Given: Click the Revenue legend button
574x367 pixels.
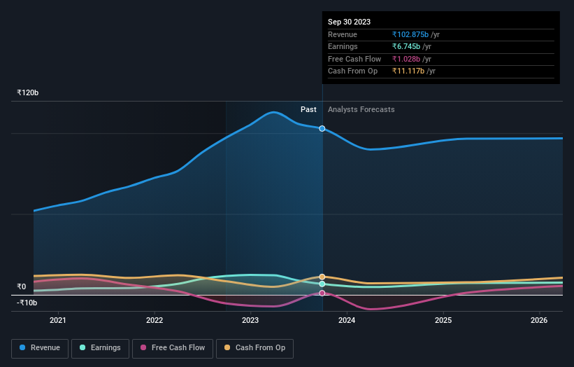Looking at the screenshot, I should coord(40,347).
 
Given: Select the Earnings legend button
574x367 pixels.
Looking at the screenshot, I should coord(100,347).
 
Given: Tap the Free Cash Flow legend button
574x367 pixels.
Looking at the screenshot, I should coord(172,347).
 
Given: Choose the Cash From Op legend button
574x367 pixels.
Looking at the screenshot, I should coord(255,347).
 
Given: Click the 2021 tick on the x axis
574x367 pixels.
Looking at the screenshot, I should coord(58,320).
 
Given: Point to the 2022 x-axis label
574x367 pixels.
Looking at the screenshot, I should coord(155,320).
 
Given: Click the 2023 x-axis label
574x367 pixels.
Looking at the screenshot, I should coord(250,320).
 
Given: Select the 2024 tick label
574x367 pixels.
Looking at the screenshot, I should coord(347,320).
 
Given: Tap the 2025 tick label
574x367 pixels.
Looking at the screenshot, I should coord(443,320).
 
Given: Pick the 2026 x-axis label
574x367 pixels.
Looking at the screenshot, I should coord(539,320).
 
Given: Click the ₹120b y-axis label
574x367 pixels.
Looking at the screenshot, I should coord(28,92).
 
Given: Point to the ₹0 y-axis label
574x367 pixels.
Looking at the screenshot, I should coord(22,286).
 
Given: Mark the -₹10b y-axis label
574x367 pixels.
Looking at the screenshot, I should coord(27,303).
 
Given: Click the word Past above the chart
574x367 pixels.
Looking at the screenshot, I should coord(308,109).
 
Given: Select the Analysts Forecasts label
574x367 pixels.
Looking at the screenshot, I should coord(361,109).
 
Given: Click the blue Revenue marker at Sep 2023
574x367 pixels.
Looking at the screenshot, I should coord(322,128).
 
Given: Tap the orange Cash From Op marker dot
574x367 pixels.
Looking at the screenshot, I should coord(322,277).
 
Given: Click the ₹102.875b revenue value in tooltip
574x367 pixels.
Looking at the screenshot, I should coord(410,34).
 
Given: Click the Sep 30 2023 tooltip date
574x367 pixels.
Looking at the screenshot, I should coord(349,22).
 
